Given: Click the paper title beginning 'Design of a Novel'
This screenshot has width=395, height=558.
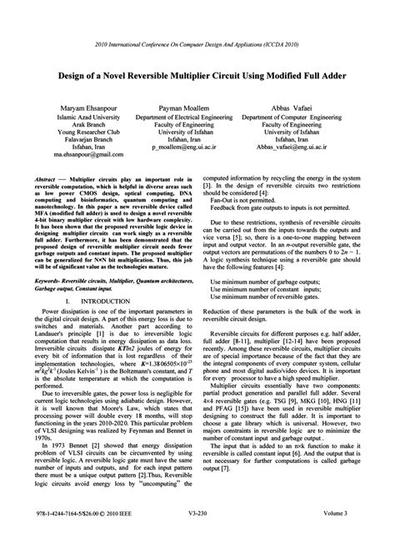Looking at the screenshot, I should [197, 74].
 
